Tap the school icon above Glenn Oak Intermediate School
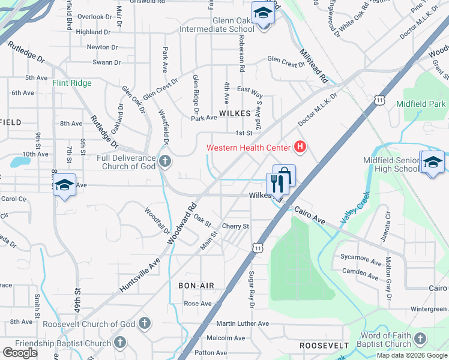[262, 12]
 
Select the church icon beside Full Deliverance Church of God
[165, 161]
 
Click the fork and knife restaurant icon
[277, 183]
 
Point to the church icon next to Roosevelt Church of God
[144, 324]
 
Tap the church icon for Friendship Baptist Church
[120, 343]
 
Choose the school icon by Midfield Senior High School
[433, 163]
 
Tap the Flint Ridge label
[72, 83]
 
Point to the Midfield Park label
[421, 104]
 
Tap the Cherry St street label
[235, 226]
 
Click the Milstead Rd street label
[315, 65]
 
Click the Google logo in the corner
[20, 353]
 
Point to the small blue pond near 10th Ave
[20, 161]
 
